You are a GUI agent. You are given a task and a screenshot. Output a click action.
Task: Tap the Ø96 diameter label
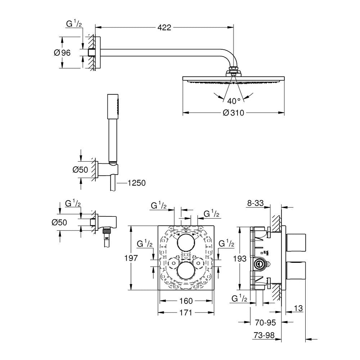62,53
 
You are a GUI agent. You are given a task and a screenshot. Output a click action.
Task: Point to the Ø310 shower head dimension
234,113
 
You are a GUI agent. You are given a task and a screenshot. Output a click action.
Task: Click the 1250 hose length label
136,183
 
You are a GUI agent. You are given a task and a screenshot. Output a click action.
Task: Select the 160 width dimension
186,301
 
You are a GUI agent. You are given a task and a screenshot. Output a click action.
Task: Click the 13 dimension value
298,308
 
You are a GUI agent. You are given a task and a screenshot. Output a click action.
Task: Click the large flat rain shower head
234,79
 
